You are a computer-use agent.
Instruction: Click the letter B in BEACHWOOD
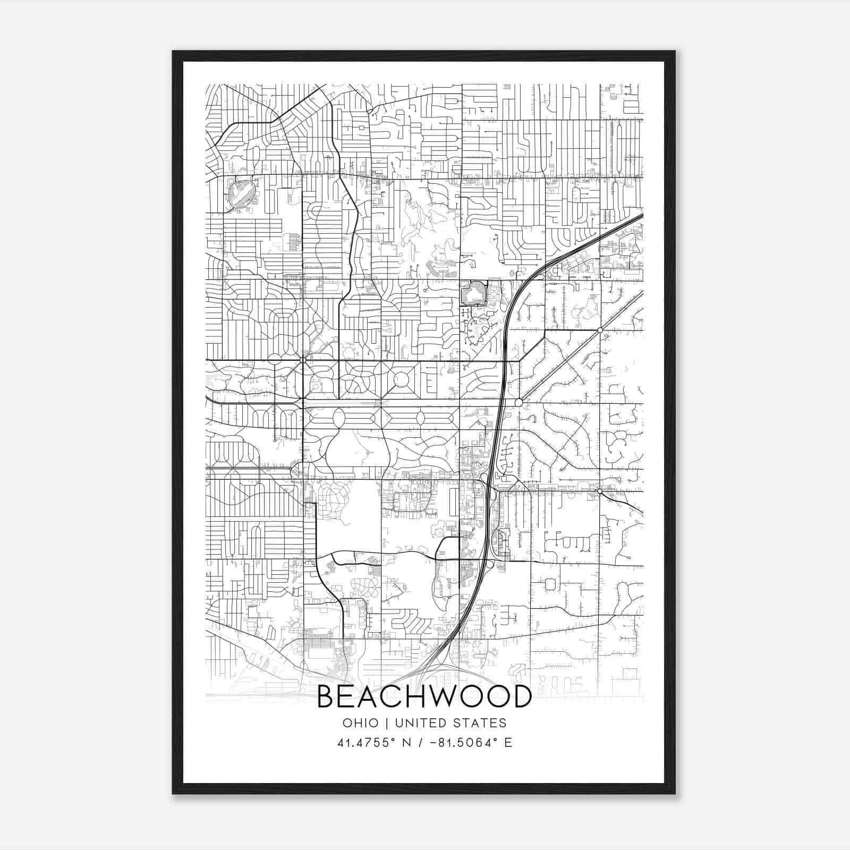point(327,696)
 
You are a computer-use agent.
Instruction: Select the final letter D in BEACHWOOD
point(521,696)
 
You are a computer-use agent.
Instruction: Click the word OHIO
point(361,723)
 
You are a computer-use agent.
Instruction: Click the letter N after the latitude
point(407,743)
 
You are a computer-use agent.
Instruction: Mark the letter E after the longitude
point(508,743)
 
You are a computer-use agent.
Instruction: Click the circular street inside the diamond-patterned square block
point(401,379)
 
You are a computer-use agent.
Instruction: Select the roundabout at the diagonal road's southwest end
point(518,402)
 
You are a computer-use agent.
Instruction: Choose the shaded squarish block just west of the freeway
point(472,293)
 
